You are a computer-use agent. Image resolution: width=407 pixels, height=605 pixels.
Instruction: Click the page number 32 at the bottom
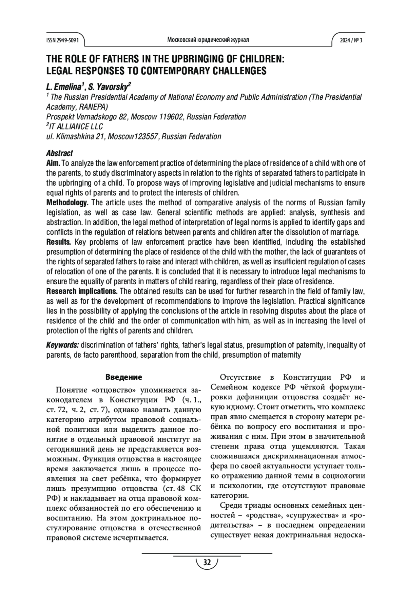click(x=207, y=562)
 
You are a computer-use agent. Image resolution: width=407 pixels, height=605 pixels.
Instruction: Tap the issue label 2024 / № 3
click(x=351, y=40)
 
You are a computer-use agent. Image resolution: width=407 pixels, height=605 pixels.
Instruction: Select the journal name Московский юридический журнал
click(x=208, y=40)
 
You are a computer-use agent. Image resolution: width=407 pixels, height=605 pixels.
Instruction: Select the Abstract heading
click(x=59, y=153)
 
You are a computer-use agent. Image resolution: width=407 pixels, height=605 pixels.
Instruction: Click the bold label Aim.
click(x=53, y=163)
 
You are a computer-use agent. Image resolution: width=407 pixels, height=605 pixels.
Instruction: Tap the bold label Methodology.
click(x=67, y=203)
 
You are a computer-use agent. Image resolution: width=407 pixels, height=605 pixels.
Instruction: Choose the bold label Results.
click(x=58, y=242)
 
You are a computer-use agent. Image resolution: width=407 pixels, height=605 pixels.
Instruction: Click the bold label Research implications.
click(x=82, y=291)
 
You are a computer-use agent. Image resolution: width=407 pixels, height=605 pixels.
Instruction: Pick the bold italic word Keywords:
click(x=62, y=345)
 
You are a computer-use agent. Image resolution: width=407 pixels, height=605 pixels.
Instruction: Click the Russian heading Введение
click(x=124, y=377)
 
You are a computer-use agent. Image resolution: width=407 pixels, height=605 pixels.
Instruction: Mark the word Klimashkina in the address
click(x=72, y=136)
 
